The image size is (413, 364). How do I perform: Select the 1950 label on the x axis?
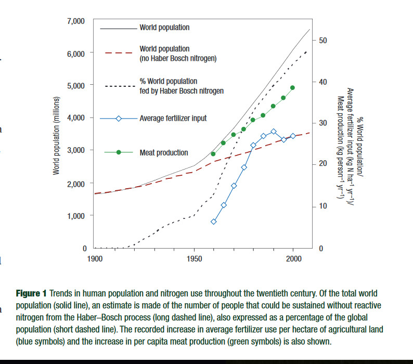tap(194, 258)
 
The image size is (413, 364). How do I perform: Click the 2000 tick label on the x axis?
tap(293, 258)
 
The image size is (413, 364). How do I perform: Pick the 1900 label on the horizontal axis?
tap(95, 258)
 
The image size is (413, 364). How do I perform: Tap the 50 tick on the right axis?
tap(322, 41)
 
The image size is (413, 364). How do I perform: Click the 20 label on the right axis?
tap(322, 164)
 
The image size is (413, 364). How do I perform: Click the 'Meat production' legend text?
tap(164, 153)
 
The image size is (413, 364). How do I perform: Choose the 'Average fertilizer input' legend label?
tap(173, 118)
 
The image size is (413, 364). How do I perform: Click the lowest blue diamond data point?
tap(213, 222)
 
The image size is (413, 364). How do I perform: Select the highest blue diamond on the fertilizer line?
tap(274, 132)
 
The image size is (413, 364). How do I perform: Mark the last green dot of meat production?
tap(293, 88)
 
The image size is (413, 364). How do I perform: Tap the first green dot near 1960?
tap(213, 154)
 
